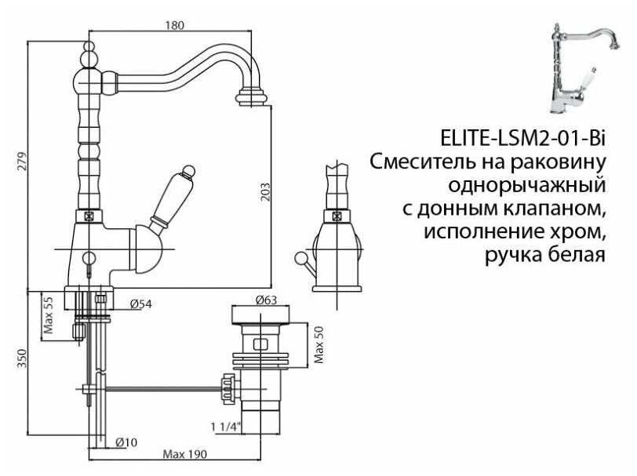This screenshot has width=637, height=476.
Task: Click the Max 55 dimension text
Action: [49, 315]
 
